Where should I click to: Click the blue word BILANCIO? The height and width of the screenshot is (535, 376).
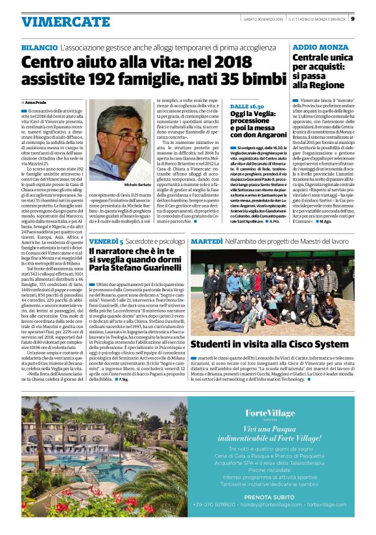[38, 49]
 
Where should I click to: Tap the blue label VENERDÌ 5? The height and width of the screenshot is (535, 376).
[107, 241]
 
